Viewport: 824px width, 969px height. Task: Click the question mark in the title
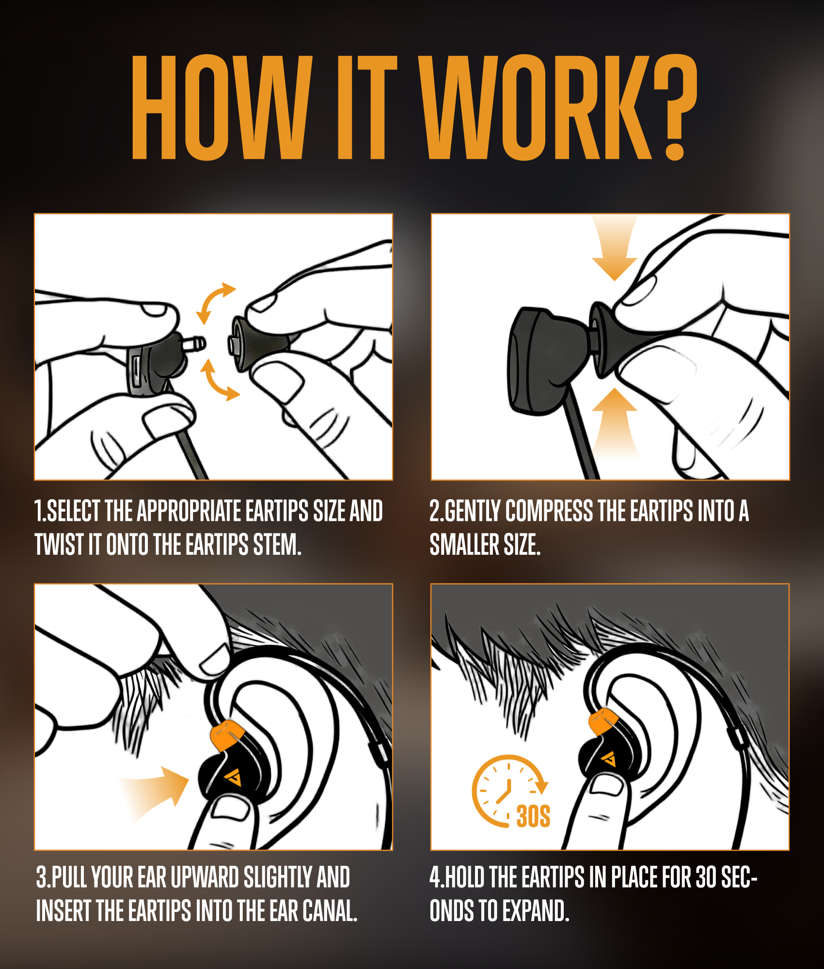(x=676, y=107)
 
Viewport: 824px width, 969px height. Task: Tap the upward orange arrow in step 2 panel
(x=614, y=422)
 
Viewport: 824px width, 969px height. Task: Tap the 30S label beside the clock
(x=533, y=816)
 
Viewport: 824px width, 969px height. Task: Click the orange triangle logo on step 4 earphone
(x=609, y=758)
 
